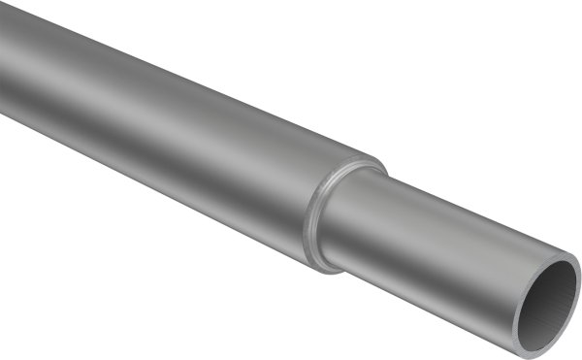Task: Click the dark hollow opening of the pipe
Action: coord(550,307)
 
